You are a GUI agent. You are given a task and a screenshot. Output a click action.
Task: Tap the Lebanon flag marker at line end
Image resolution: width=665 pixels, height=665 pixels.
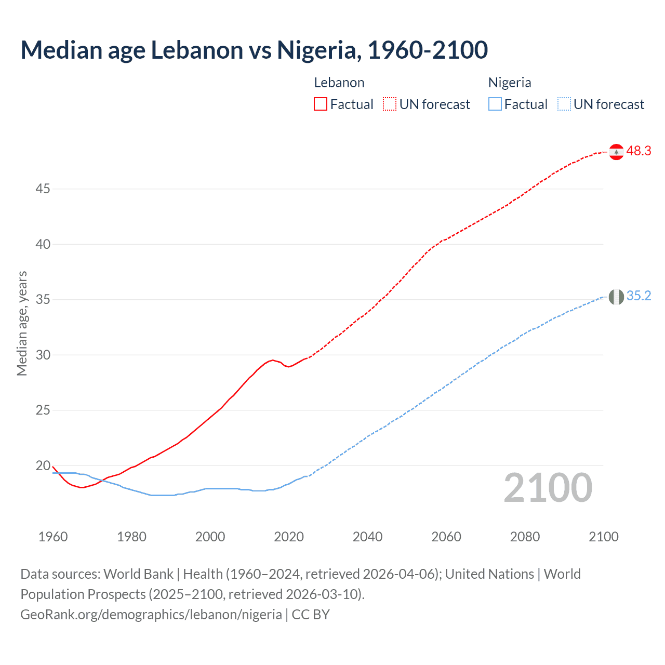616,152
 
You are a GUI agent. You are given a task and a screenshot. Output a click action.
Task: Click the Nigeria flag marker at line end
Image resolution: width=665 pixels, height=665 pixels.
616,297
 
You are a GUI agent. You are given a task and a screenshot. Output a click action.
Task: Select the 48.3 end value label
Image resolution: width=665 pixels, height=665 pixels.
639,151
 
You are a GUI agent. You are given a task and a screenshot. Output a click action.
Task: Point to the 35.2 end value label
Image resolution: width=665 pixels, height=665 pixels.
639,296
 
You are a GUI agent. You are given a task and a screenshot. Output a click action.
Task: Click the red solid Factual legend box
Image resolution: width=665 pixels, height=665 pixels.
321,104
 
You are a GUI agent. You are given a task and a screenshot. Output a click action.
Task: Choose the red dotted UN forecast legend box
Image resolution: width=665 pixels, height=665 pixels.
390,104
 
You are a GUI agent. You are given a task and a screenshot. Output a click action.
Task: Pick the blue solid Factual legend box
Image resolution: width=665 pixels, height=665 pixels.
495,104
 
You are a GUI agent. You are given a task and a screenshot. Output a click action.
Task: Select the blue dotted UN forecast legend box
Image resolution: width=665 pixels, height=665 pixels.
564,104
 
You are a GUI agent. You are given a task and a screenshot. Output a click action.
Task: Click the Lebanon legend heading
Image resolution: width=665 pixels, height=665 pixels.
339,83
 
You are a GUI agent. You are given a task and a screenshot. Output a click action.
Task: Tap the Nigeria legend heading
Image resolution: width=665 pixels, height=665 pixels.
510,83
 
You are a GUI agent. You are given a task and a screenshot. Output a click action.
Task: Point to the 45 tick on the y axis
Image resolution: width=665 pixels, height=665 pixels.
43,189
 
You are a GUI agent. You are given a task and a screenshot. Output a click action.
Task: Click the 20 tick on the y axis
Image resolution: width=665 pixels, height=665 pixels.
43,466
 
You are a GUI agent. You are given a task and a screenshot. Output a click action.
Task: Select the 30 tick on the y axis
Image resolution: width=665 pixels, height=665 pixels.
43,355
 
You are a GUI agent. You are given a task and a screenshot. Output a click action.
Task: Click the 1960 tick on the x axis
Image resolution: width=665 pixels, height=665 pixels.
53,537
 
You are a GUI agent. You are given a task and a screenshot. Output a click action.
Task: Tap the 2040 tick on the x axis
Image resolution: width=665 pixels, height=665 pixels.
367,537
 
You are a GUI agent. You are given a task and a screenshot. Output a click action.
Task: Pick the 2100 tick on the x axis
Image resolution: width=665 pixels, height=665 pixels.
603,537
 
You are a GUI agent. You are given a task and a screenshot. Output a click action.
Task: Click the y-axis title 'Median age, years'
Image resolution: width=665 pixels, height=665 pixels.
22,323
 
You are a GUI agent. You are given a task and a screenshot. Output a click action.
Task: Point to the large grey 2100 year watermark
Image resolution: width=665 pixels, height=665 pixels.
548,488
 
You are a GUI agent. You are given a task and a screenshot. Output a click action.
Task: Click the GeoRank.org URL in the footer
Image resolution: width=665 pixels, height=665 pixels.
151,615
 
